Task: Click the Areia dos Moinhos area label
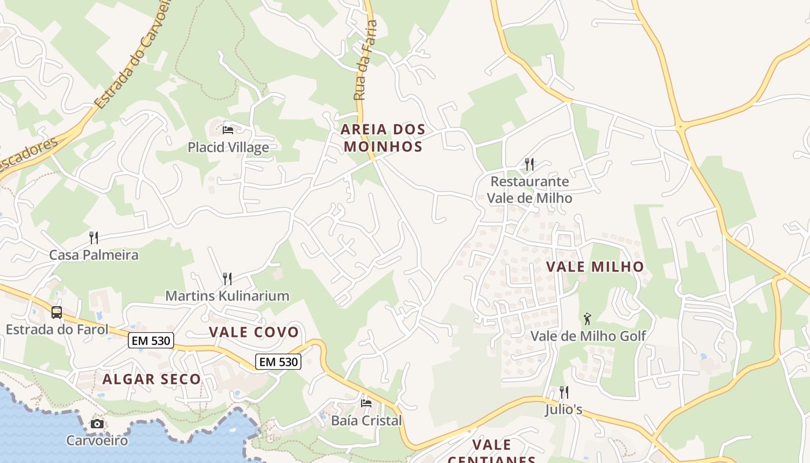point(383,138)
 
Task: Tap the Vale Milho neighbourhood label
point(595,267)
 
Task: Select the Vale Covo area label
point(253,332)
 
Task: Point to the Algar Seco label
point(152,380)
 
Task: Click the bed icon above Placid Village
point(228,130)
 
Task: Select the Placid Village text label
point(228,148)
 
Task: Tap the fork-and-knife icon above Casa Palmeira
point(94,237)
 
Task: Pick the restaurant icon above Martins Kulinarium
point(227,279)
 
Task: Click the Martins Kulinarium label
point(227,296)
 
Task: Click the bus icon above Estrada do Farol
point(57,313)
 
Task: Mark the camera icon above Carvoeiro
point(97,424)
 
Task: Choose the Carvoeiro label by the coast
point(97,440)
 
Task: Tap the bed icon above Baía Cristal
point(366,403)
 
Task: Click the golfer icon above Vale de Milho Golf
point(588,318)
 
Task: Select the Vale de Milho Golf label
point(588,336)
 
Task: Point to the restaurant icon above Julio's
point(564,392)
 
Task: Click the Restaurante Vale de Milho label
point(529,190)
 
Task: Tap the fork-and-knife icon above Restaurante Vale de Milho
point(529,164)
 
